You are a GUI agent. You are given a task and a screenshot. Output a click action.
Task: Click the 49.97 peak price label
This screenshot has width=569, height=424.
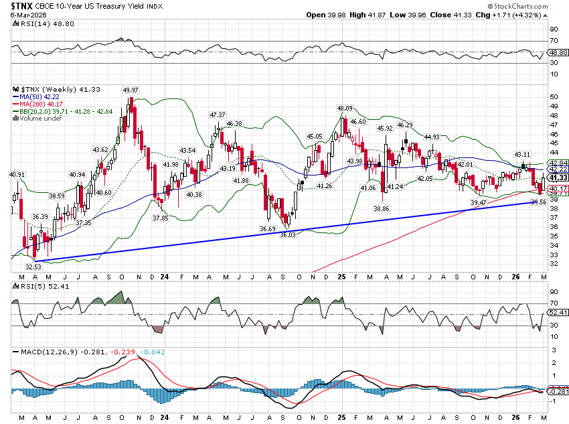click(x=131, y=90)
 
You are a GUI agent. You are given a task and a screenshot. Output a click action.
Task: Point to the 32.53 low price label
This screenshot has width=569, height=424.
click(x=31, y=267)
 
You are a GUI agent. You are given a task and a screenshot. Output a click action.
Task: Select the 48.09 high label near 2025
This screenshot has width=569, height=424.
click(x=344, y=108)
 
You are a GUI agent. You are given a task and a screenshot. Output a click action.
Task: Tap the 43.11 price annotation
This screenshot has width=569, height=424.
click(x=522, y=154)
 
